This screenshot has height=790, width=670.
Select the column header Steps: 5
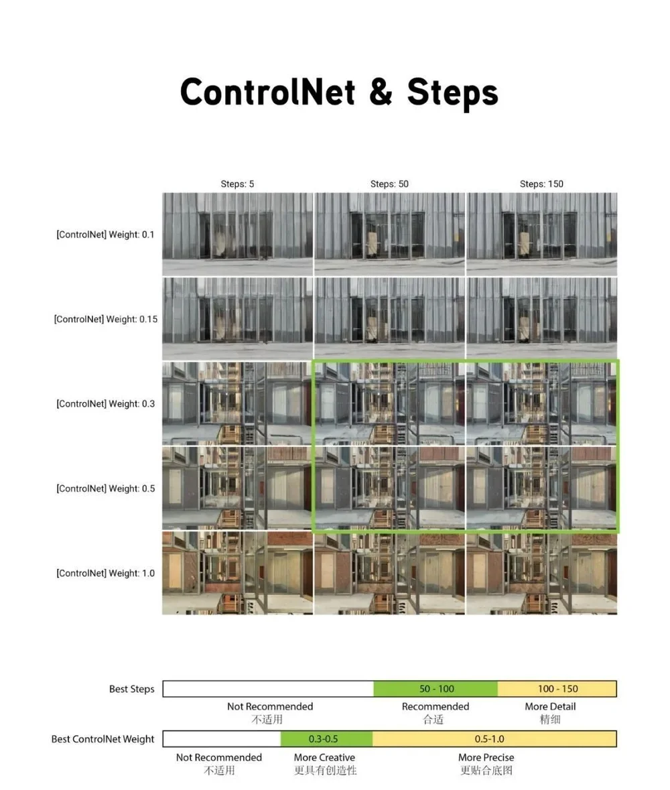click(237, 184)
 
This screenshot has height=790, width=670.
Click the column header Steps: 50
click(389, 184)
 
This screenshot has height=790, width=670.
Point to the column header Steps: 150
click(541, 184)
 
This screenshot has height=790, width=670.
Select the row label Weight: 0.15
click(105, 319)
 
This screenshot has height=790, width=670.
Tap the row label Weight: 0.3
click(105, 404)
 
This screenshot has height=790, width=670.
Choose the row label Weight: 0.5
click(105, 488)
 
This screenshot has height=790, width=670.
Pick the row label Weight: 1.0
click(105, 574)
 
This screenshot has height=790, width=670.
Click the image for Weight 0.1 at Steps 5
click(237, 234)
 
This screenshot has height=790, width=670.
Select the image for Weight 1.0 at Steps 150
click(541, 574)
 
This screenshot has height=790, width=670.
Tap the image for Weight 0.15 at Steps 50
click(389, 319)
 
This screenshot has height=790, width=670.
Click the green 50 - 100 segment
click(435, 689)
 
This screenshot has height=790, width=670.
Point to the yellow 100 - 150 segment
click(557, 689)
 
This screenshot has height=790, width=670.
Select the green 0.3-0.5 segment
click(326, 739)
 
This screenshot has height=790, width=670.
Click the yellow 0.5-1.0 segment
click(494, 739)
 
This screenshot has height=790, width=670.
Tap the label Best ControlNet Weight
click(103, 739)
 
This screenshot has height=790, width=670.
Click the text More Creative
click(324, 757)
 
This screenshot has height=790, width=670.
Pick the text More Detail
click(550, 706)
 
